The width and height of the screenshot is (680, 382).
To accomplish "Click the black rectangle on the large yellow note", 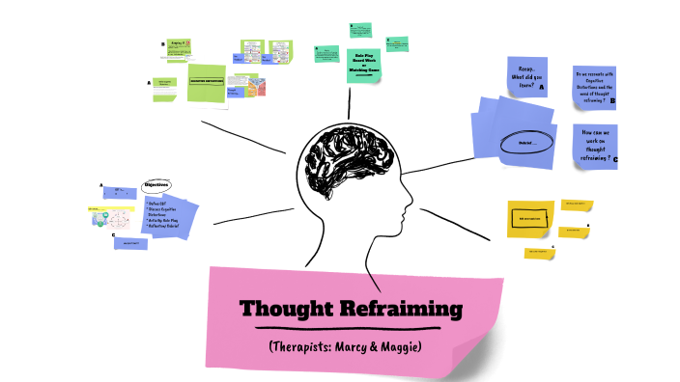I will click(x=530, y=219).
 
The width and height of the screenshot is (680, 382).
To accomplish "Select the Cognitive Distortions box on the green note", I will click(x=206, y=82).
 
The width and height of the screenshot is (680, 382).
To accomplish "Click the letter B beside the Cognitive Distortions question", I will click(x=612, y=99).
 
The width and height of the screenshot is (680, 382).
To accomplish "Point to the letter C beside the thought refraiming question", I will click(x=615, y=160).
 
